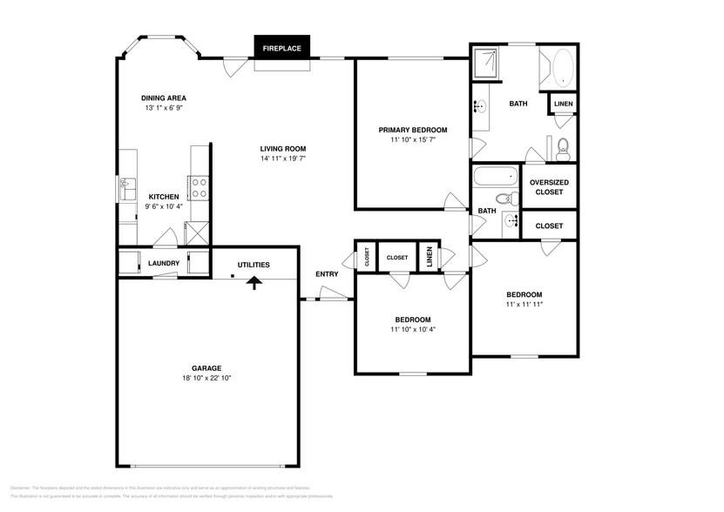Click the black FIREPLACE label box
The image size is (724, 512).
281,48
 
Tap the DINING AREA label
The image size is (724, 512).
164,98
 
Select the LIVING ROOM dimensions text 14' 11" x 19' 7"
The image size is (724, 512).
283,158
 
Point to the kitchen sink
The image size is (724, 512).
126,185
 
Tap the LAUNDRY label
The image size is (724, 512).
164,263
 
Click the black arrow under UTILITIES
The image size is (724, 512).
254,282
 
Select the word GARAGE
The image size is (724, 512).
206,368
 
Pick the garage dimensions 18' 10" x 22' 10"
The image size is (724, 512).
206,379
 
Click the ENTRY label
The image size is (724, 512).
327,274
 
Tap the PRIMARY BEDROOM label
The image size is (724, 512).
412,130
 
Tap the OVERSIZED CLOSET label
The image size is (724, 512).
549,186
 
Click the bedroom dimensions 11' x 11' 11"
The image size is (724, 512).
524,305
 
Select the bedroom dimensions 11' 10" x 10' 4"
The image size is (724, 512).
412,330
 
